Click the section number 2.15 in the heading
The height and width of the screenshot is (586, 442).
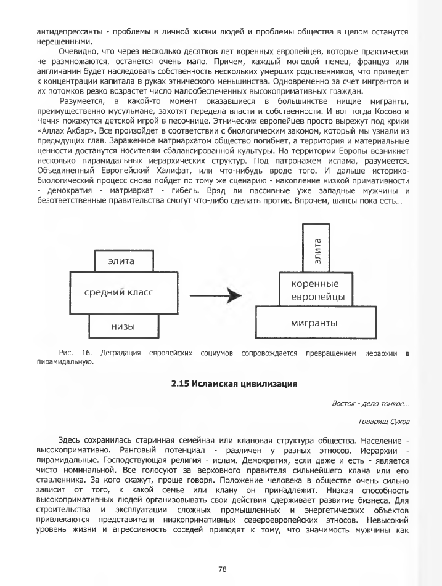pos(182,384)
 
